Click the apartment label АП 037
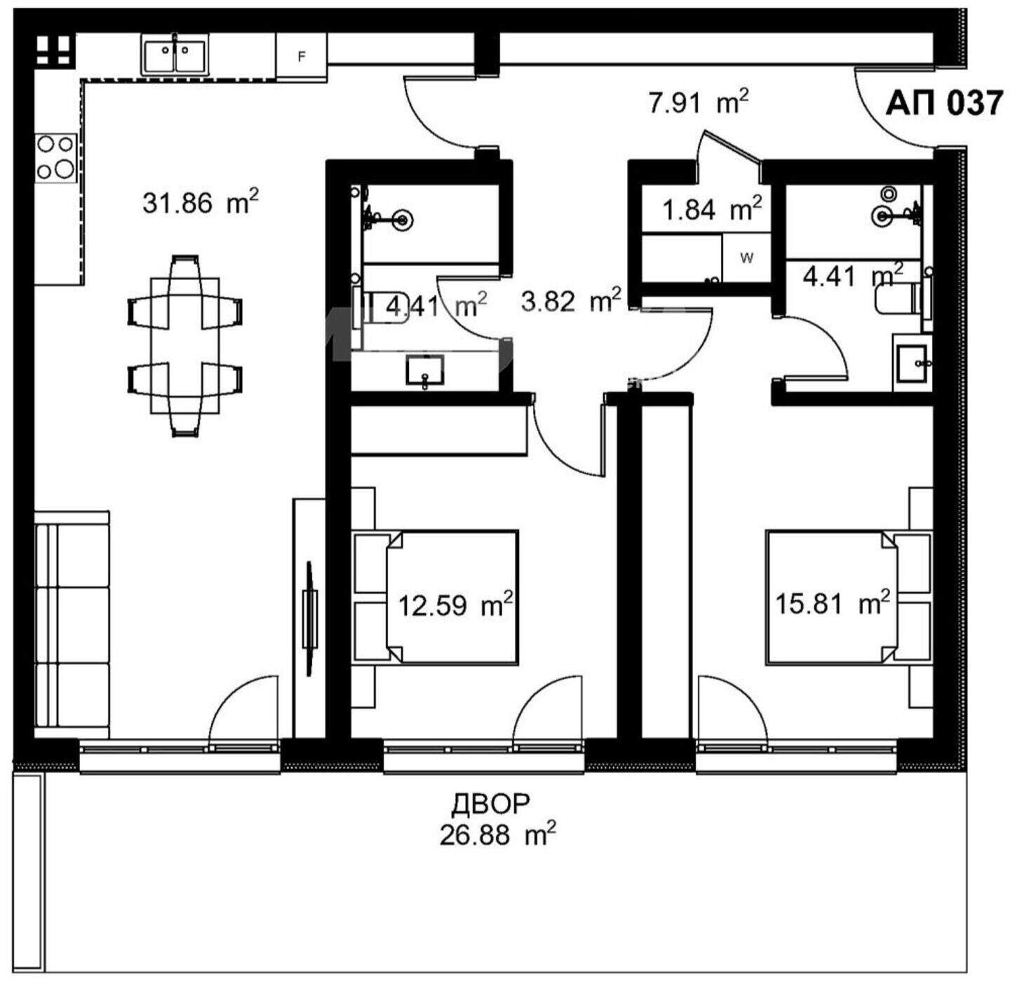(944, 102)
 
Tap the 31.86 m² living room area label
(201, 202)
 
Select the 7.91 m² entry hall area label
(699, 102)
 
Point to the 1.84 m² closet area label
(712, 209)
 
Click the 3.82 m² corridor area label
(572, 301)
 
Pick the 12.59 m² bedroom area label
(455, 605)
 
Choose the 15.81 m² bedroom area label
(833, 603)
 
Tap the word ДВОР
(491, 803)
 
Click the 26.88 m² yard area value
(497, 835)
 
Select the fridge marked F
(302, 56)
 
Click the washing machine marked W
(746, 257)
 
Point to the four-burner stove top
(55, 157)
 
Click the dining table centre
(185, 346)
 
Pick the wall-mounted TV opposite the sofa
(310, 619)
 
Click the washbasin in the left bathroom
(424, 370)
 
